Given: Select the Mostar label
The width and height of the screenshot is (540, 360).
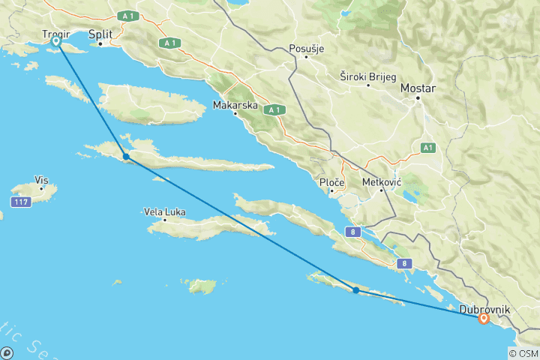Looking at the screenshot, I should tap(418, 88).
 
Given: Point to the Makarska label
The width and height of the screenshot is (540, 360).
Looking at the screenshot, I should tap(235, 105).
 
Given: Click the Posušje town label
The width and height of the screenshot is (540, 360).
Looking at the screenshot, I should tap(306, 49).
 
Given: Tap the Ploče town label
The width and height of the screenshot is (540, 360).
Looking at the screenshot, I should tap(331, 183).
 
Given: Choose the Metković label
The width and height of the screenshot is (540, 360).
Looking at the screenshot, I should tap(382, 182).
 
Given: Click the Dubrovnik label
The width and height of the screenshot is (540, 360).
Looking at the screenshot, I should tap(485, 309).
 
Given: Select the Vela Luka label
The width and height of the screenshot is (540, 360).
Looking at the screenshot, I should tap(164, 211).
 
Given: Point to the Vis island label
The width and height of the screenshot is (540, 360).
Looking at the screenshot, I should tap(41, 180).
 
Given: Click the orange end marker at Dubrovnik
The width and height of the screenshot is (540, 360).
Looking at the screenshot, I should tap(484, 319).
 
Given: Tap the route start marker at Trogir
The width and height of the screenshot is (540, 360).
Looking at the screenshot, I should tap(56, 42).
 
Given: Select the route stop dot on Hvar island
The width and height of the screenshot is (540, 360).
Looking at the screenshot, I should tap(126, 157).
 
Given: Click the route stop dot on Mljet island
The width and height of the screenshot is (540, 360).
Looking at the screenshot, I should tap(355, 289).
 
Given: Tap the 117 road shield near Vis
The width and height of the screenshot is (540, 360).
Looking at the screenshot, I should tap(20, 202).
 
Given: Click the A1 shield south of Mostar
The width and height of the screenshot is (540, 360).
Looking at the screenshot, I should tap(427, 148).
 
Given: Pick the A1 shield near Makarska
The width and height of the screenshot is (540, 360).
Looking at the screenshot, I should tap(275, 109).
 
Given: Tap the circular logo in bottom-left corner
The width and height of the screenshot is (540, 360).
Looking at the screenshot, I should tap(7, 352).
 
